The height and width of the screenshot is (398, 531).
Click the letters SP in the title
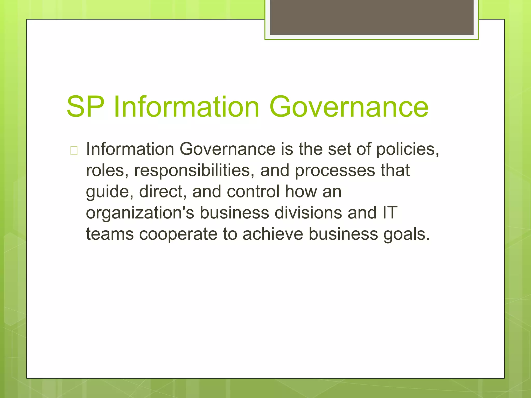(86, 107)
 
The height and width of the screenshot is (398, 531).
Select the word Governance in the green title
(349, 107)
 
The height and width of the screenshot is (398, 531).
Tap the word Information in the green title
(186, 107)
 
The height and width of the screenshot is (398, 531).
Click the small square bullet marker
(74, 151)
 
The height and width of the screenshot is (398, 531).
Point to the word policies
(407, 150)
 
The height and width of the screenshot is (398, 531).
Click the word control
(253, 192)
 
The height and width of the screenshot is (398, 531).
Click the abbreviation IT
(390, 213)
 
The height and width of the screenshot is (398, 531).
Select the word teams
(110, 234)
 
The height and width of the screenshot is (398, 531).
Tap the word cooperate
(178, 234)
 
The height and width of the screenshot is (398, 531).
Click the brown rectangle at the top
(372, 17)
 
